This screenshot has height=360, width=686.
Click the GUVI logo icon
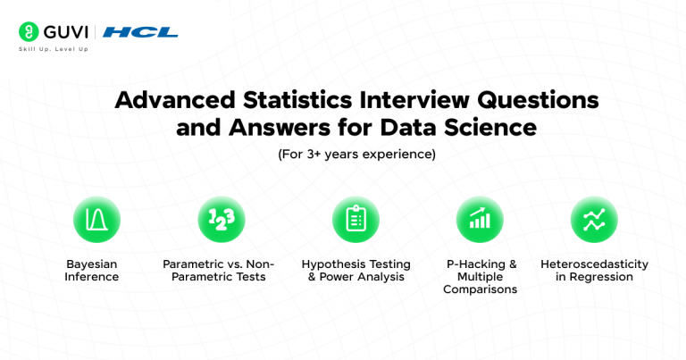click(28, 31)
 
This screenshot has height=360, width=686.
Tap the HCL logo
click(140, 32)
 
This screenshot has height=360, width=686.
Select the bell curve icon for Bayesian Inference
click(96, 220)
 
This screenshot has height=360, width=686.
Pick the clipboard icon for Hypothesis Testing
click(356, 220)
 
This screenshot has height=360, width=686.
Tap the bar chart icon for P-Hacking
click(480, 220)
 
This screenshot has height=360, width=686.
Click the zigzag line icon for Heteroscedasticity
click(594, 220)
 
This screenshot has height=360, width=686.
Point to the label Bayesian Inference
click(91, 271)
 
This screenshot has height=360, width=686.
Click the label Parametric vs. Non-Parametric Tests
click(219, 271)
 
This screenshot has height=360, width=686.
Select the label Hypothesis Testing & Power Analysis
click(356, 271)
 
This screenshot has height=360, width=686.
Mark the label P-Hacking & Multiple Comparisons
click(480, 277)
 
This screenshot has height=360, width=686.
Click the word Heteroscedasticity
click(594, 264)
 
